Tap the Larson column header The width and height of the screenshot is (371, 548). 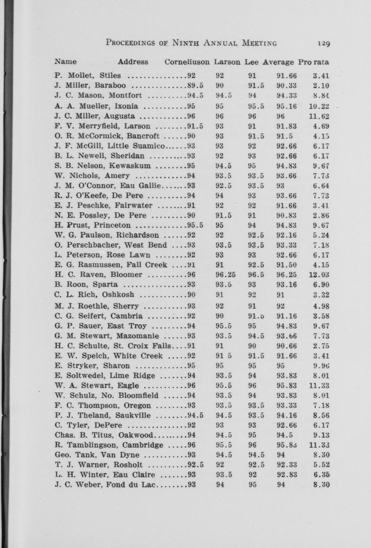227,62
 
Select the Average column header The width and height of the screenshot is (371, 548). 278,62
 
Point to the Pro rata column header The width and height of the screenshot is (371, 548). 314,62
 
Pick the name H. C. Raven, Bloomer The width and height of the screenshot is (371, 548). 98,275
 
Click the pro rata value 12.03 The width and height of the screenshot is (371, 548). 319,275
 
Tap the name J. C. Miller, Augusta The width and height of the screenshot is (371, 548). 95,116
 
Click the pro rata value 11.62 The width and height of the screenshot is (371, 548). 319,116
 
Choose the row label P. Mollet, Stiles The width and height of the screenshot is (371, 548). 87,75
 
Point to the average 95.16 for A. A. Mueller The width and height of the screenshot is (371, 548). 287,106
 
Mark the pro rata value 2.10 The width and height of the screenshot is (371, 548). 321,85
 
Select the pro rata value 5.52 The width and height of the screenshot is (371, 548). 321,465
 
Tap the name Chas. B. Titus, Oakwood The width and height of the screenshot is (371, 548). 104,435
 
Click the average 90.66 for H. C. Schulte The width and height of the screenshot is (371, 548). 287,346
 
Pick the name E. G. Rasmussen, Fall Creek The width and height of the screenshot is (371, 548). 111,265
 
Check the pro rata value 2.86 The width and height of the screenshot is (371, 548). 321,216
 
